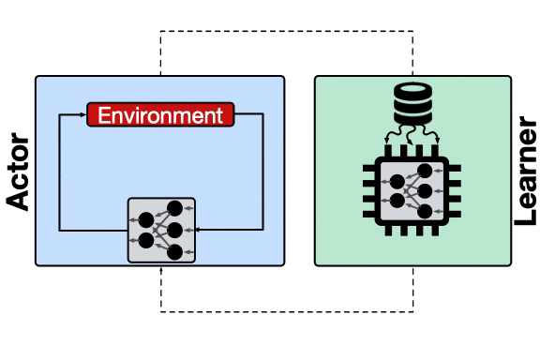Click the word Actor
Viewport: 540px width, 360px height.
[x=17, y=174]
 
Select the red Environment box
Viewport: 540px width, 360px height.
[x=160, y=115]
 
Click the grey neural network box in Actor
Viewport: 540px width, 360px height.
[x=160, y=230]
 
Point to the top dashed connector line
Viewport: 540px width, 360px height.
[x=286, y=33]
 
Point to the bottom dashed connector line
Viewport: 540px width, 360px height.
[x=286, y=309]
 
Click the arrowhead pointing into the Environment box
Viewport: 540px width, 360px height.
[x=82, y=115]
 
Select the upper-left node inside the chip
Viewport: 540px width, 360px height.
[x=397, y=180]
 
